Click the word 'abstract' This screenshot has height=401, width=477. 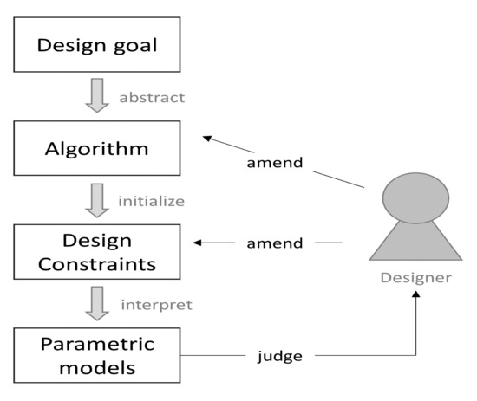(x=151, y=97)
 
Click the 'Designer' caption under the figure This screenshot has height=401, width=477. (x=416, y=277)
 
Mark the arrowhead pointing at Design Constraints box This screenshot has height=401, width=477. (x=199, y=243)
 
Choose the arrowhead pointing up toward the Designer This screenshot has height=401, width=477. (x=416, y=296)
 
